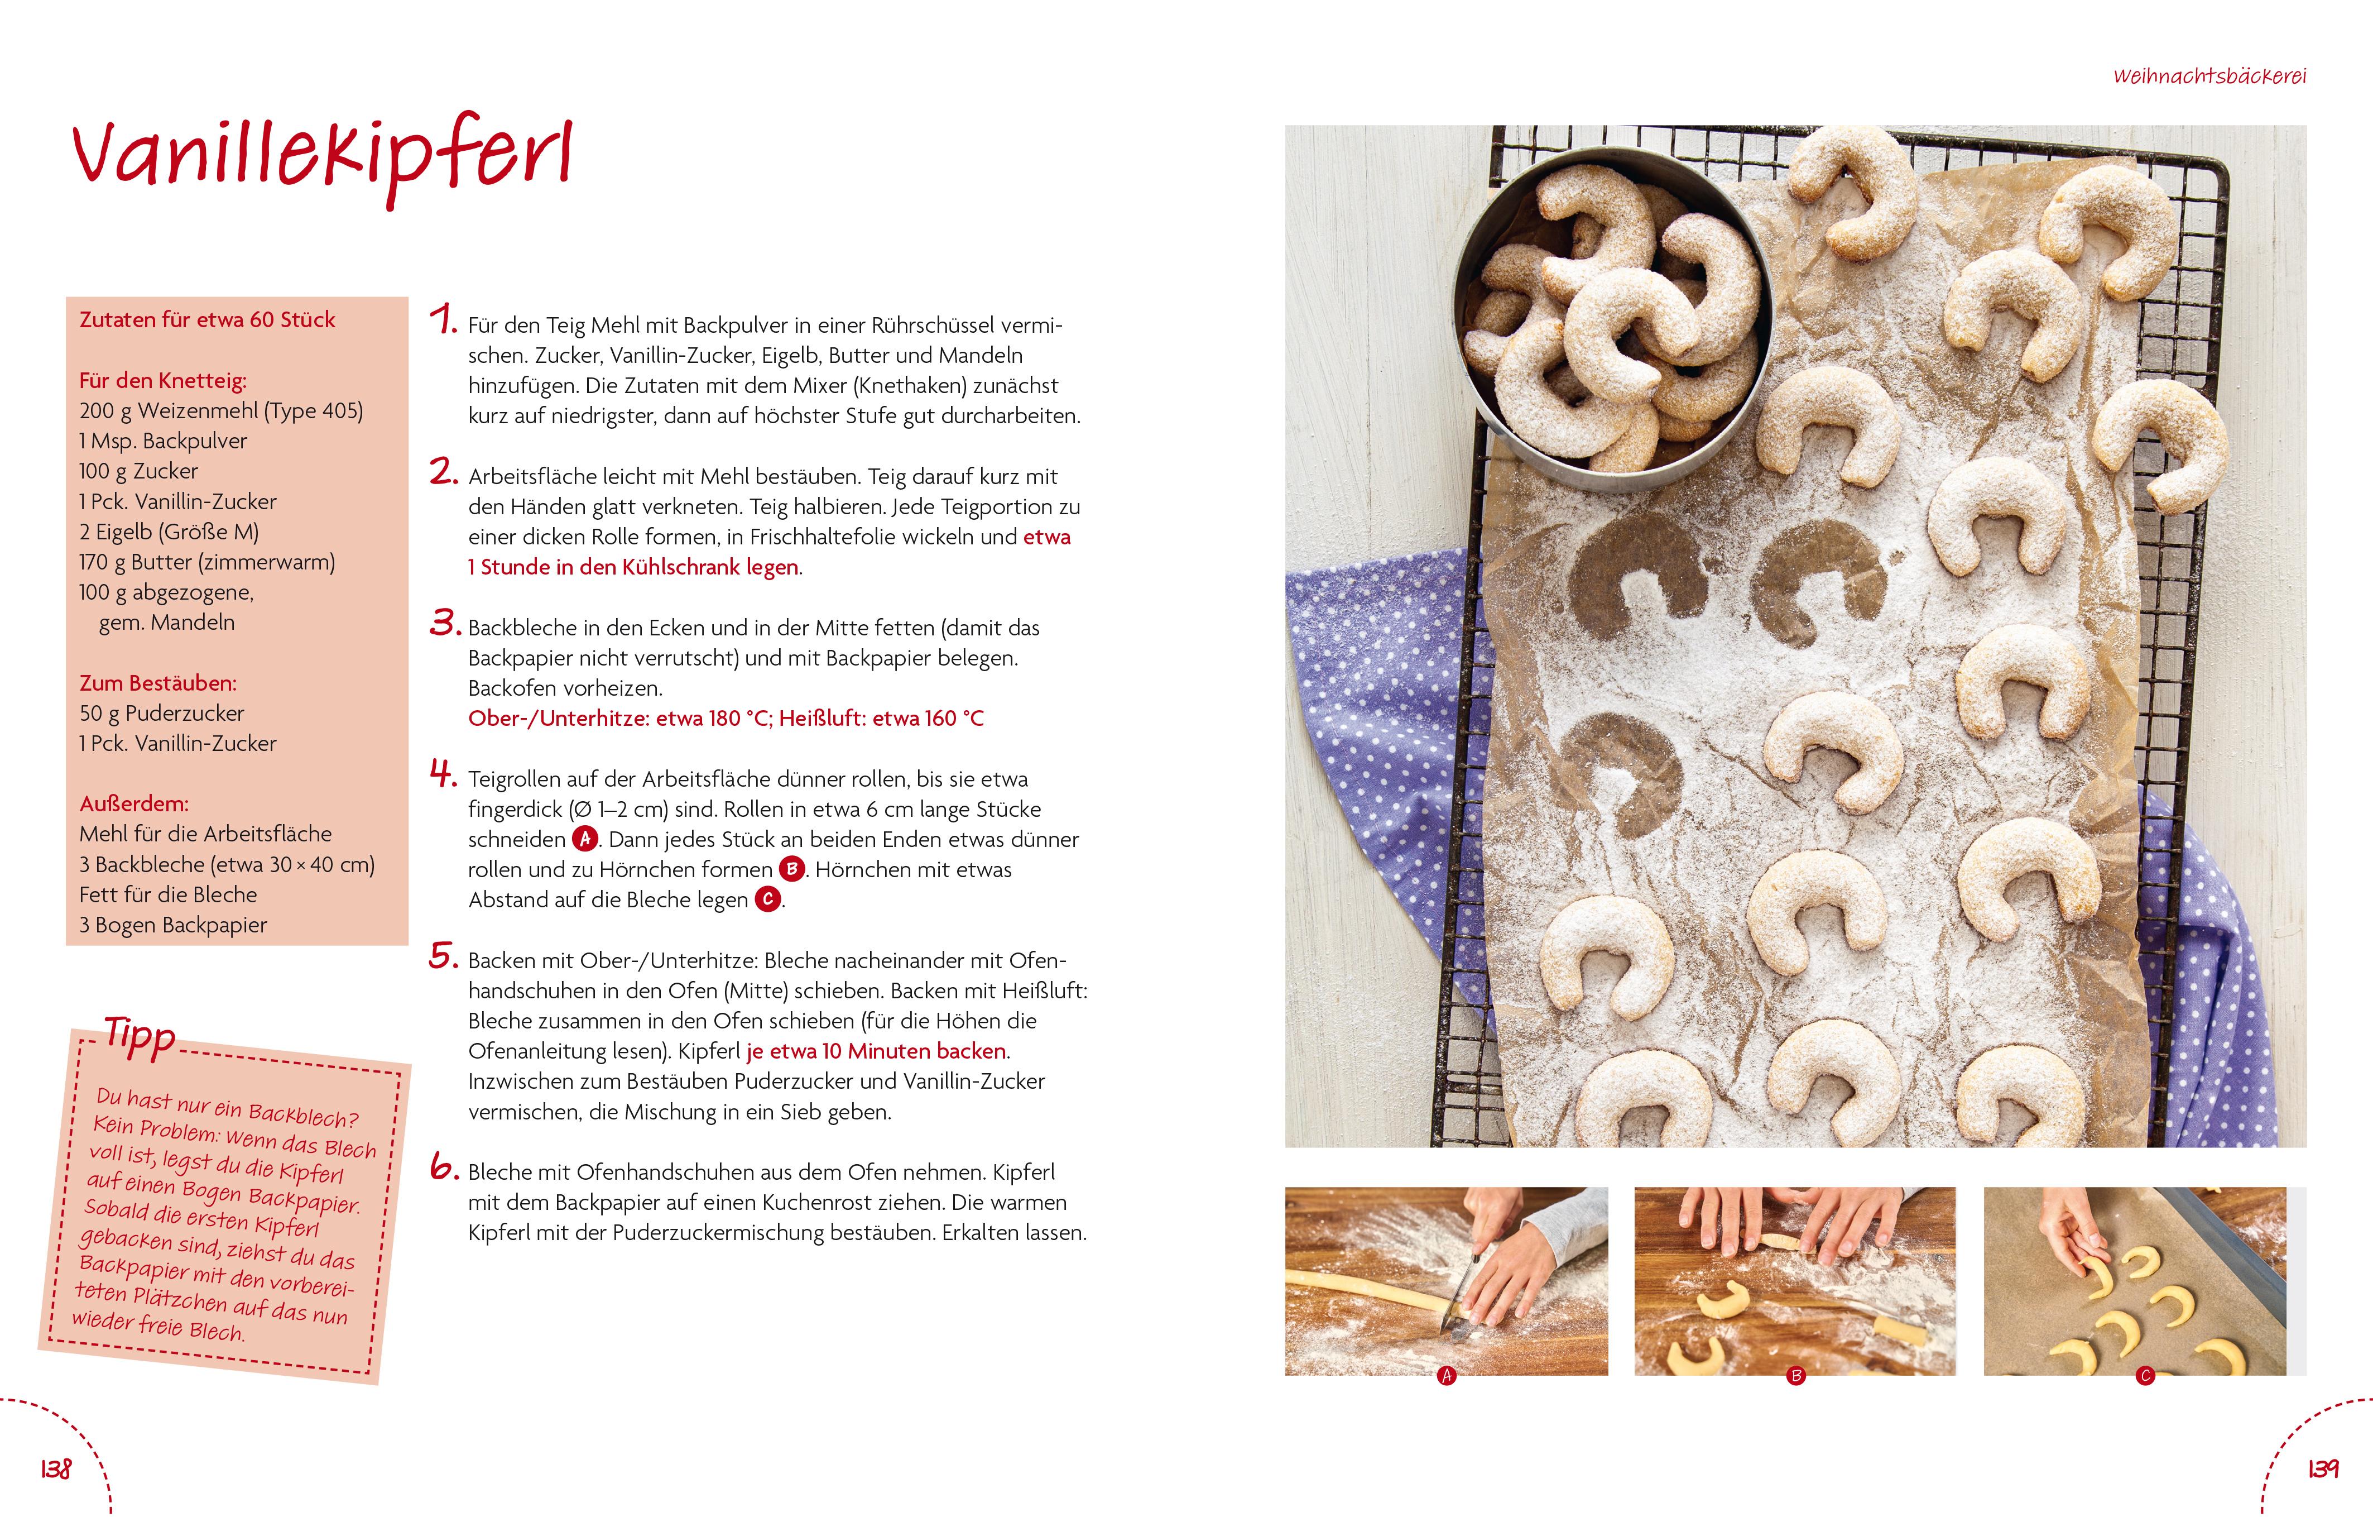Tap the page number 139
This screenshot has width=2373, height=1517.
pos(2323,1468)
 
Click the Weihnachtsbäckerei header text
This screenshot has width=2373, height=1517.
pos(2209,76)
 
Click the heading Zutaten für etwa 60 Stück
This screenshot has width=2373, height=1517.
pos(207,319)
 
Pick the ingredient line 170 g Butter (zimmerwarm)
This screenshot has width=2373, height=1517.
pos(207,562)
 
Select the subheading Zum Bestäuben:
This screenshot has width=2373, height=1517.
pos(158,682)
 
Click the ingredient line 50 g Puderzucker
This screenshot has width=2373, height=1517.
pos(162,712)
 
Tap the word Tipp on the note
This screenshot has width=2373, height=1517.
pos(140,1037)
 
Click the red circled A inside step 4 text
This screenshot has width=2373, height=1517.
pos(585,838)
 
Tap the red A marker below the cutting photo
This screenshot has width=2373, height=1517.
pos(1447,1375)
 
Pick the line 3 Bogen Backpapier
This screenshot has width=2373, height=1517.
pos(174,925)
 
